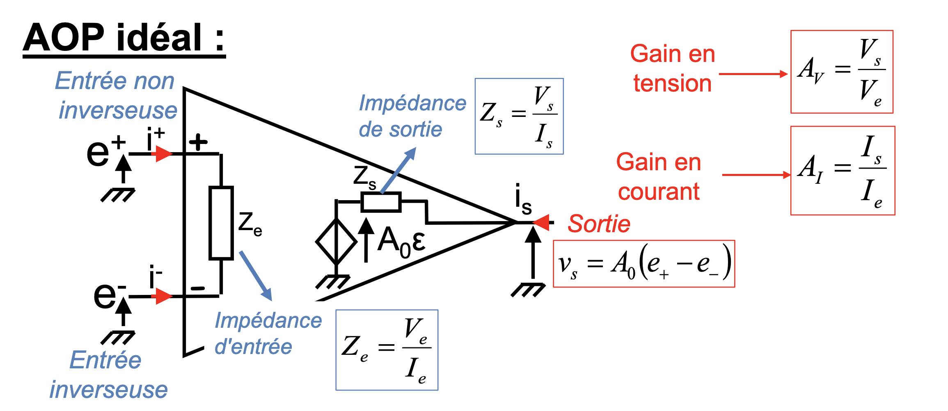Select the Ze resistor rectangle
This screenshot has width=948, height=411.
coord(221,223)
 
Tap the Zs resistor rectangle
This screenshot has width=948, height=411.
coord(381,202)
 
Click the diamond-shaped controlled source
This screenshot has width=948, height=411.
coord(336,242)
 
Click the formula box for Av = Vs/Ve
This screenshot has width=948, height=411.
coord(842,72)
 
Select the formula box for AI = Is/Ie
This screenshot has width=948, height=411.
coord(843,171)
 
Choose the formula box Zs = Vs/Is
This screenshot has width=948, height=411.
coord(519,116)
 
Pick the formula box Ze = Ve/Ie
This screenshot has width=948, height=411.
coord(387,350)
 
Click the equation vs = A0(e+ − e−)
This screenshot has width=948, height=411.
coord(644,264)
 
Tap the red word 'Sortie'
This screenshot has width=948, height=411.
coord(599,224)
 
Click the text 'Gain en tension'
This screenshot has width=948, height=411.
coord(673,68)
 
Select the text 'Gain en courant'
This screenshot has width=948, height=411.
coord(659,177)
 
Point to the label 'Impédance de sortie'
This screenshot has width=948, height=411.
coord(412,116)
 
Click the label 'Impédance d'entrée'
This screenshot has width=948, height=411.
coord(268,333)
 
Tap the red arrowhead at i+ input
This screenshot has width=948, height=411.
coord(163,154)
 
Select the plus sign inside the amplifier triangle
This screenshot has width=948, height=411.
coord(199,142)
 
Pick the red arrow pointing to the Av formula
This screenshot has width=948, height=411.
coord(753,74)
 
